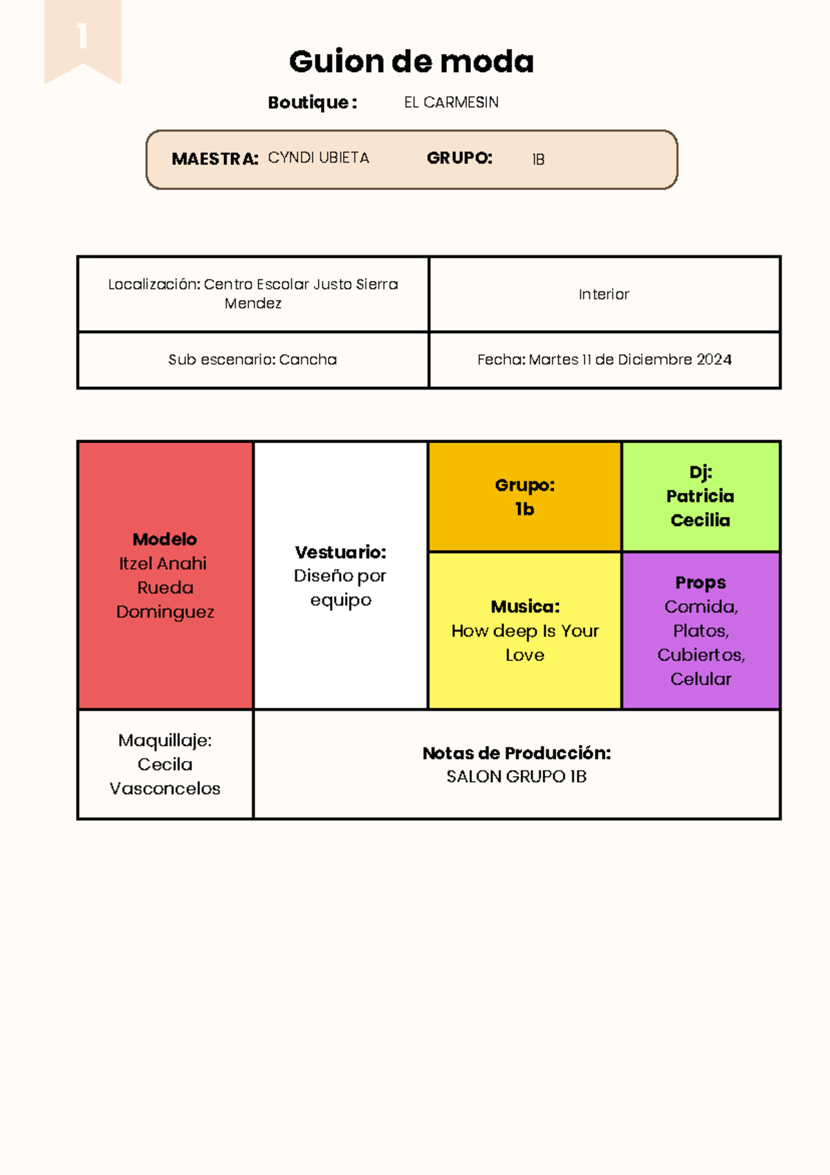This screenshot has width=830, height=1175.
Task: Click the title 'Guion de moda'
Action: (x=412, y=62)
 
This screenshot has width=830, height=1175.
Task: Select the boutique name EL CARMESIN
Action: (x=451, y=102)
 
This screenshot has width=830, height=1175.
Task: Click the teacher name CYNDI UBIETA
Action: (x=318, y=158)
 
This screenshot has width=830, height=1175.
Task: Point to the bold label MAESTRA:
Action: (x=214, y=159)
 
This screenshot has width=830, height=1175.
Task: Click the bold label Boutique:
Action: (x=313, y=102)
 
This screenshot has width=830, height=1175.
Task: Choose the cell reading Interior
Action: (x=604, y=294)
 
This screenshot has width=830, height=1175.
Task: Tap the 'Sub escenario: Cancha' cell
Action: (x=252, y=360)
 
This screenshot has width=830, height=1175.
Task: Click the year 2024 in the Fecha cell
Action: (x=714, y=360)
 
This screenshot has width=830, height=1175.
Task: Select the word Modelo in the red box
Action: (x=165, y=539)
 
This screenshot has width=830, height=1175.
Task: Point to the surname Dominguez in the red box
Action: (x=165, y=612)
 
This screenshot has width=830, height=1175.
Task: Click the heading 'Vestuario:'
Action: (x=340, y=552)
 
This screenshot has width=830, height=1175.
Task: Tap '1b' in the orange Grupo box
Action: (x=524, y=509)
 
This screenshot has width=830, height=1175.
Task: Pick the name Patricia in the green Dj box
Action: (x=700, y=496)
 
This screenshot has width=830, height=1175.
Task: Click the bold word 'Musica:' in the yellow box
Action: (x=525, y=607)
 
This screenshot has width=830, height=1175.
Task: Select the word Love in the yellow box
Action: (x=524, y=655)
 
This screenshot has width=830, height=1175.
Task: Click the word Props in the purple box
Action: (x=701, y=583)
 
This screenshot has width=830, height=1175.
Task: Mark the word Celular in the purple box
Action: (x=701, y=679)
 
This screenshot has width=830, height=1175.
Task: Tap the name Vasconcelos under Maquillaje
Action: (x=165, y=788)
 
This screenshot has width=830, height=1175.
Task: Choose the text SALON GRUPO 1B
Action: (x=516, y=776)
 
